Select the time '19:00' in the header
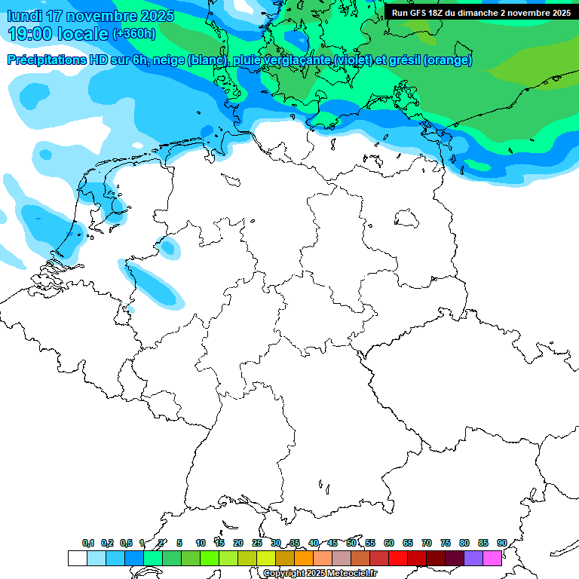pos(35,34)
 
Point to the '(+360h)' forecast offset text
pos(134,34)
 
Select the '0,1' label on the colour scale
pos(88,543)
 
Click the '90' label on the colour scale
pos(502,543)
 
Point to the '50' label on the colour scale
pos(351,543)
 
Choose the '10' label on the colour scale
pos(201,543)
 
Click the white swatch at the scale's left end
pos(77,558)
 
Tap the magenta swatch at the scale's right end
pos(492,558)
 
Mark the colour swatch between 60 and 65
pos(398,558)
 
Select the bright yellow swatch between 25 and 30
pos(266,558)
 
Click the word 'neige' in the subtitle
pos(169,60)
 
